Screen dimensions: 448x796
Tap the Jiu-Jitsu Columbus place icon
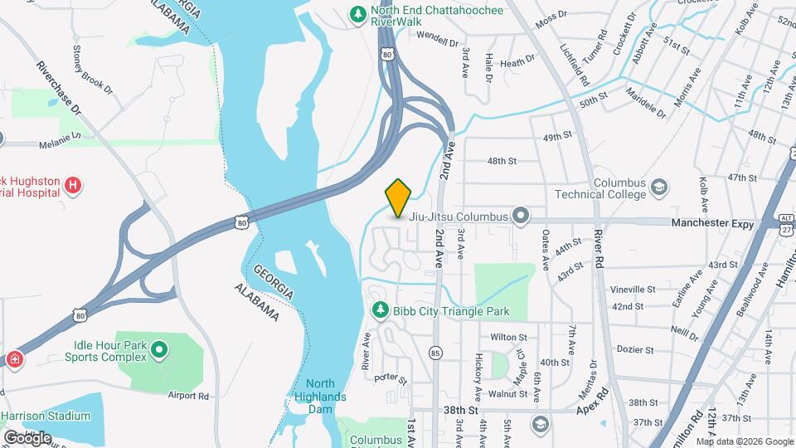coord(521,217)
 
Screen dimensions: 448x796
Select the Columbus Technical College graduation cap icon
coord(660,188)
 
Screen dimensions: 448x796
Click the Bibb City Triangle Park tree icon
coord(380,310)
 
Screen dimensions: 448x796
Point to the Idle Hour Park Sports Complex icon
coord(159,351)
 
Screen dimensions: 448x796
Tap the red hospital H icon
coord(73,185)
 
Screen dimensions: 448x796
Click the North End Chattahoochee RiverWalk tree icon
coord(358,14)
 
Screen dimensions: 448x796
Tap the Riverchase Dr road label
coord(59,85)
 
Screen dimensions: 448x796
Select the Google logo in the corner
coord(27,437)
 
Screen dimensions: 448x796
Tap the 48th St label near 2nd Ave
coord(502,160)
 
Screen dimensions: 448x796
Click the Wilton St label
coord(508,338)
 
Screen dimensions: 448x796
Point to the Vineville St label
coord(633,290)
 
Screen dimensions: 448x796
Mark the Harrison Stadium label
coord(46,416)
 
